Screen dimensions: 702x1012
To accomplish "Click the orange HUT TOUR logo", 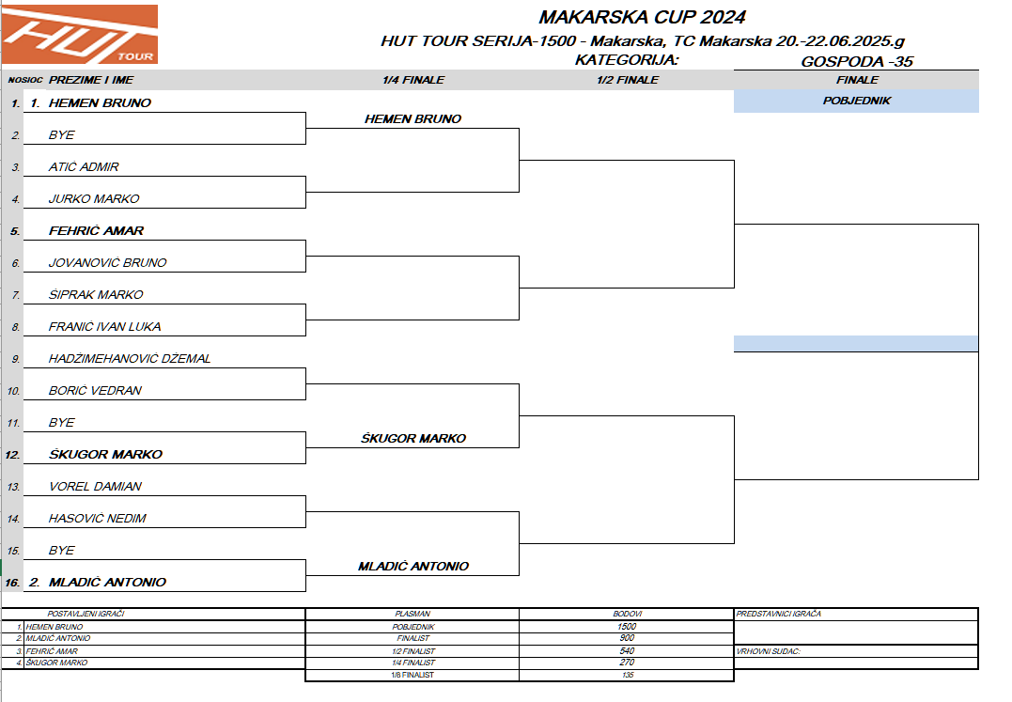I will (80, 34).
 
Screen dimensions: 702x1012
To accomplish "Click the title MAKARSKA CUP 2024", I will (642, 17).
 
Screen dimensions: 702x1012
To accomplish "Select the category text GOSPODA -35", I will (857, 62).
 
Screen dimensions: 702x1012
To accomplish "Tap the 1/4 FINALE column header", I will (413, 80).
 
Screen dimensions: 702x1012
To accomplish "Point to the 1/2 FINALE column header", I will (627, 80).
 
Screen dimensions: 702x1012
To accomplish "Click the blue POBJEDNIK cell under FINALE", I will (856, 101).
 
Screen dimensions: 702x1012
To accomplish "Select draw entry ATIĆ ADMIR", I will (84, 167).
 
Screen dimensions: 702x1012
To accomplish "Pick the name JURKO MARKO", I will (94, 199).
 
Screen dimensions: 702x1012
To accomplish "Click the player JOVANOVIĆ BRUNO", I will (107, 263).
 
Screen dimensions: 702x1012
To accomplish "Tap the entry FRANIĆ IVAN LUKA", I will (104, 327).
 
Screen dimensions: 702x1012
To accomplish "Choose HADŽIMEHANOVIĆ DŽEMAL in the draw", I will (130, 359).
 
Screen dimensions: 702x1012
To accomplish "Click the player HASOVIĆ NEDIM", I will (97, 519).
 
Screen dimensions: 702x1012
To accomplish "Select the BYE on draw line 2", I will (61, 135).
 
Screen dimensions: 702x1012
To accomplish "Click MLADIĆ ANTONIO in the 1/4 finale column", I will (413, 567).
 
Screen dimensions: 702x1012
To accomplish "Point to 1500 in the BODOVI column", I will (627, 626).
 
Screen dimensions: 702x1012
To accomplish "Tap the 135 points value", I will (627, 675).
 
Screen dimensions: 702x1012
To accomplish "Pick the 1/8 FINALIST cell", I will (413, 675).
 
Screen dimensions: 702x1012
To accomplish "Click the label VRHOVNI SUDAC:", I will (770, 650).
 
